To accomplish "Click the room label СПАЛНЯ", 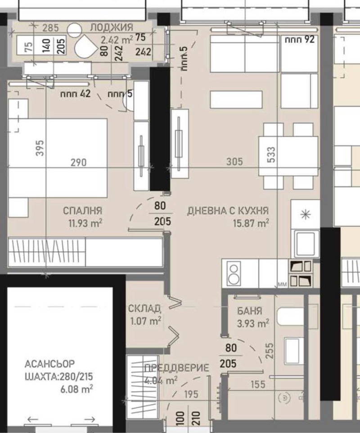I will click(x=82, y=210).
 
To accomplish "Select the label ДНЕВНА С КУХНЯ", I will click(x=228, y=210).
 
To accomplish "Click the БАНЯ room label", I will click(x=249, y=311).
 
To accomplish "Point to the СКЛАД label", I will click(x=144, y=308).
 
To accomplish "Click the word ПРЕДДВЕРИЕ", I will click(x=176, y=368).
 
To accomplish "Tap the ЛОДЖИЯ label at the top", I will click(x=111, y=28).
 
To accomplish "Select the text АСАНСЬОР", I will click(x=50, y=363).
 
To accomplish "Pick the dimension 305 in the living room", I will click(x=234, y=162).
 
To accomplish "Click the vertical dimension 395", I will click(x=40, y=149).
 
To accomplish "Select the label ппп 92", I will click(x=298, y=39).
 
